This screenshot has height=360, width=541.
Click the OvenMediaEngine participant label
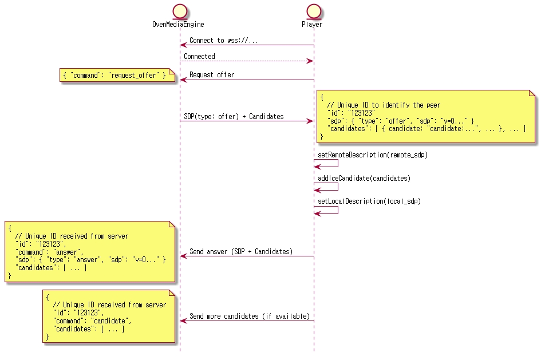click(178, 25)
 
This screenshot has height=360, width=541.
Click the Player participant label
click(312, 25)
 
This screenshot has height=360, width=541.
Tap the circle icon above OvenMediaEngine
click(179, 10)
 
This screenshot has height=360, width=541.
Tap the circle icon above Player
click(313, 10)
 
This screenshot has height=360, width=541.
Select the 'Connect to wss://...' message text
click(223, 41)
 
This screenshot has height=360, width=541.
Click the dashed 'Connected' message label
click(199, 57)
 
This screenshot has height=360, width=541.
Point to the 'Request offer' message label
click(212, 75)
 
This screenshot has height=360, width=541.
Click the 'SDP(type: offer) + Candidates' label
click(234, 117)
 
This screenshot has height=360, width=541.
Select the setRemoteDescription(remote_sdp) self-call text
click(373, 155)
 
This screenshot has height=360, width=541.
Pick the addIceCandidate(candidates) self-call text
click(364, 179)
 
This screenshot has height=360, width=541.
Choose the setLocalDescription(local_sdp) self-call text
click(369, 201)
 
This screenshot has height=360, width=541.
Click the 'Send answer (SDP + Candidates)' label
click(241, 252)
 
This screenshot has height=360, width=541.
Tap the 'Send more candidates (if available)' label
click(250, 317)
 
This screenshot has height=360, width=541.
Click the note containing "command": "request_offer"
click(117, 76)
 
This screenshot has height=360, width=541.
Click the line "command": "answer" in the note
click(49, 252)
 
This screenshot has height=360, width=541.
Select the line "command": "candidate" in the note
click(92, 321)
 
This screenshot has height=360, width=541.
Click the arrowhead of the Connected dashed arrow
click(310, 61)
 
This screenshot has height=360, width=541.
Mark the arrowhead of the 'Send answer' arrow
click(183, 256)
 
